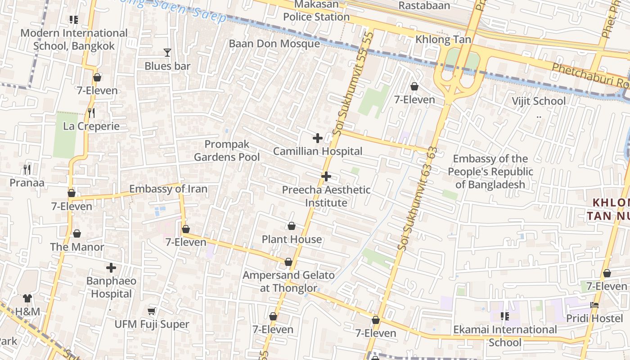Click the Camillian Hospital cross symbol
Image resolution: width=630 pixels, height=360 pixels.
(318, 138)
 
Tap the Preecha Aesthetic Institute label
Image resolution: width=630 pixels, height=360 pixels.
(326, 196)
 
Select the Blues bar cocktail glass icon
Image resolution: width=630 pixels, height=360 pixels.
(167, 53)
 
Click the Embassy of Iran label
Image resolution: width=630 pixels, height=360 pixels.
(168, 189)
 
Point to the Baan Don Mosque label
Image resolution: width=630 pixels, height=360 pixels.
(274, 44)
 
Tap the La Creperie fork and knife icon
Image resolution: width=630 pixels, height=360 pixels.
(91, 112)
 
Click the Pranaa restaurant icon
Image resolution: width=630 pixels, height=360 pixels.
(27, 169)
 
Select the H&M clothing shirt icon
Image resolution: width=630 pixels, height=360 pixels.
(27, 298)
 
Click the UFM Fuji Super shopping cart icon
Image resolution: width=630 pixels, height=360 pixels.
(152, 311)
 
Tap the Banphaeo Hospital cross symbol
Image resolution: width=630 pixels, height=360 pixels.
(111, 268)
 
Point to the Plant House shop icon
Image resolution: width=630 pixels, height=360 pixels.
(292, 225)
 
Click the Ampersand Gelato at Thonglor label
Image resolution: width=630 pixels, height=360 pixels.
(289, 282)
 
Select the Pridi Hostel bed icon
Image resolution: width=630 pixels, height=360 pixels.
(594, 305)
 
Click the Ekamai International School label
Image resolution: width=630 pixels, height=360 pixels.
(505, 336)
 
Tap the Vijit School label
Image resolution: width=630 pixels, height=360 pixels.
(539, 101)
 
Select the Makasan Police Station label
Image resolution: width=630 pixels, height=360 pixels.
(316, 10)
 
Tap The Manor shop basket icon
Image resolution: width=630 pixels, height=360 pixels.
(77, 234)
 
